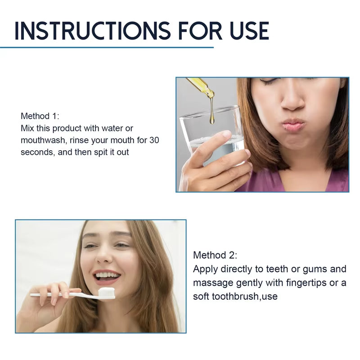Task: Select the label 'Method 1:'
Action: (x=40, y=117)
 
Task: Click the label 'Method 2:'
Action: (x=215, y=255)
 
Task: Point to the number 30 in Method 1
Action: (x=154, y=140)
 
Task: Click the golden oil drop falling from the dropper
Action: (x=211, y=118)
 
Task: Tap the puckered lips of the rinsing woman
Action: (x=294, y=125)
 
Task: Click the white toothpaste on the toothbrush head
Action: (x=107, y=292)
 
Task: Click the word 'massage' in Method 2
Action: (x=210, y=283)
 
